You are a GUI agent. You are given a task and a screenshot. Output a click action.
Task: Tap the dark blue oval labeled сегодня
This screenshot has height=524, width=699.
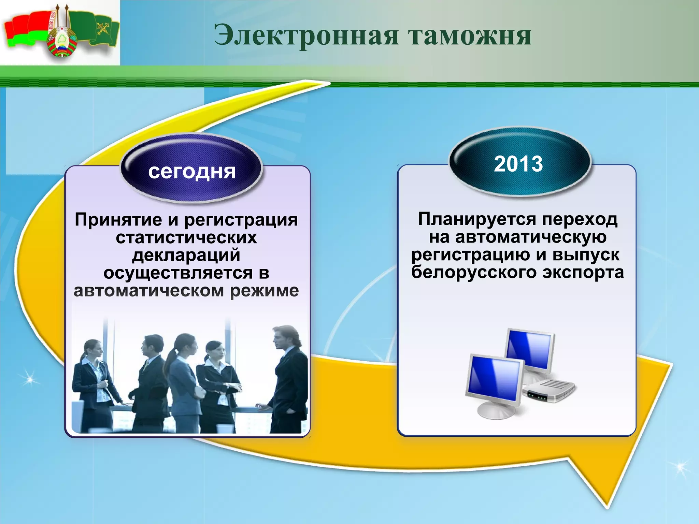pos(191,170)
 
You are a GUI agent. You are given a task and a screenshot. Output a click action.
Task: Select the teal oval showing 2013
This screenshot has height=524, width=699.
pos(518,163)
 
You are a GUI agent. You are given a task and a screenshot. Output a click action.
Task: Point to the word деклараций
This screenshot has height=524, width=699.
pos(186,255)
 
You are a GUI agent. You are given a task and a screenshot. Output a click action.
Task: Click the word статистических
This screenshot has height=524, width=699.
pos(186,237)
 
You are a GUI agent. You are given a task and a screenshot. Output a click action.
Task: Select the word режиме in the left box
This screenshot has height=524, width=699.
pos(264,291)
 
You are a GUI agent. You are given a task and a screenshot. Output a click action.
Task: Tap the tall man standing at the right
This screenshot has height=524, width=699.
pos(288,379)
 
